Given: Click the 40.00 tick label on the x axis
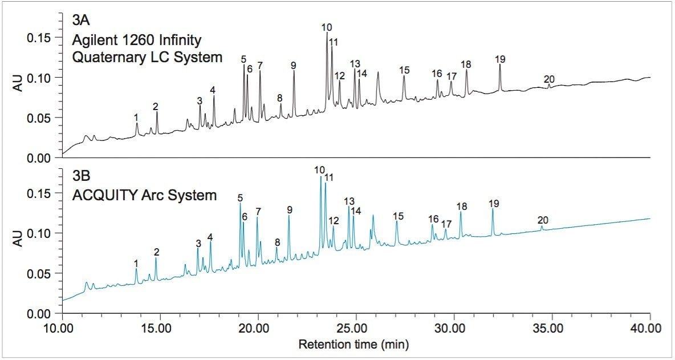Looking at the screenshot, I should (x=648, y=329).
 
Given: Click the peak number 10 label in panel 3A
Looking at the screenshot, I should (x=327, y=27).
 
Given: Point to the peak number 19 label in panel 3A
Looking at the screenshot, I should (x=501, y=59).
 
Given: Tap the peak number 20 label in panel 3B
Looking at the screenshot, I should (x=543, y=220).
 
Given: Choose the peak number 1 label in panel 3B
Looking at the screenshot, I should (x=136, y=263).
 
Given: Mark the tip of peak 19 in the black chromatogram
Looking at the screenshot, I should (x=500, y=64).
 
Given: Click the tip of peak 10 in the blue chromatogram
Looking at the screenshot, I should (x=320, y=177).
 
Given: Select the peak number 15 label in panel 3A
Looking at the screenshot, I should (x=405, y=70).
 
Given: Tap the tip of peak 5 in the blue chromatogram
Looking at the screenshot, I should (x=240, y=203).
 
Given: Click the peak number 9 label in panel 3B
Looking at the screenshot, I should (x=290, y=209).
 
